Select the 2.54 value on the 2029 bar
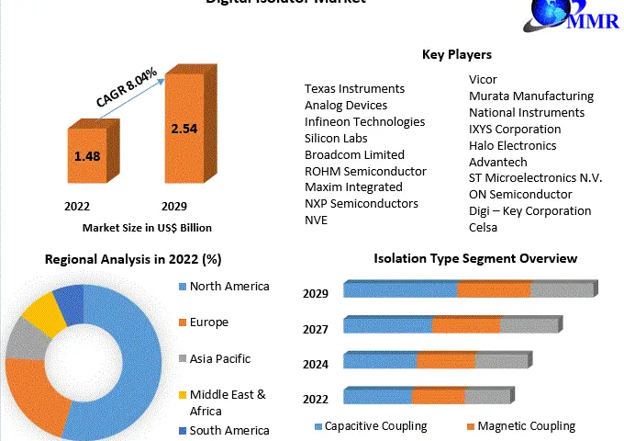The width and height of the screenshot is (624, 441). click(184, 129)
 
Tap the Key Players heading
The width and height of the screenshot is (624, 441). click(456, 55)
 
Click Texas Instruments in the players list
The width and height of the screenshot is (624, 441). click(354, 89)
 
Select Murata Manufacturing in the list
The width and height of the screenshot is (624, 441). click(530, 96)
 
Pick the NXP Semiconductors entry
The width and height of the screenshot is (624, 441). click(362, 203)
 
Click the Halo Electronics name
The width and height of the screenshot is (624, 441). click(512, 145)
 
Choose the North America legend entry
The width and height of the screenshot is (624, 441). click(229, 286)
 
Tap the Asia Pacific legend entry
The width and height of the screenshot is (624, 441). click(219, 358)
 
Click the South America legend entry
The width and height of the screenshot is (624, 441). click(229, 430)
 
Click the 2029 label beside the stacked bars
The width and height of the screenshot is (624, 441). click(317, 294)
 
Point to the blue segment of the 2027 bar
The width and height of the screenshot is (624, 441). click(387, 324)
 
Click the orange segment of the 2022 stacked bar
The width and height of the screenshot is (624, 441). click(438, 396)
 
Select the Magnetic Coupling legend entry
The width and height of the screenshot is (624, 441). click(526, 426)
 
